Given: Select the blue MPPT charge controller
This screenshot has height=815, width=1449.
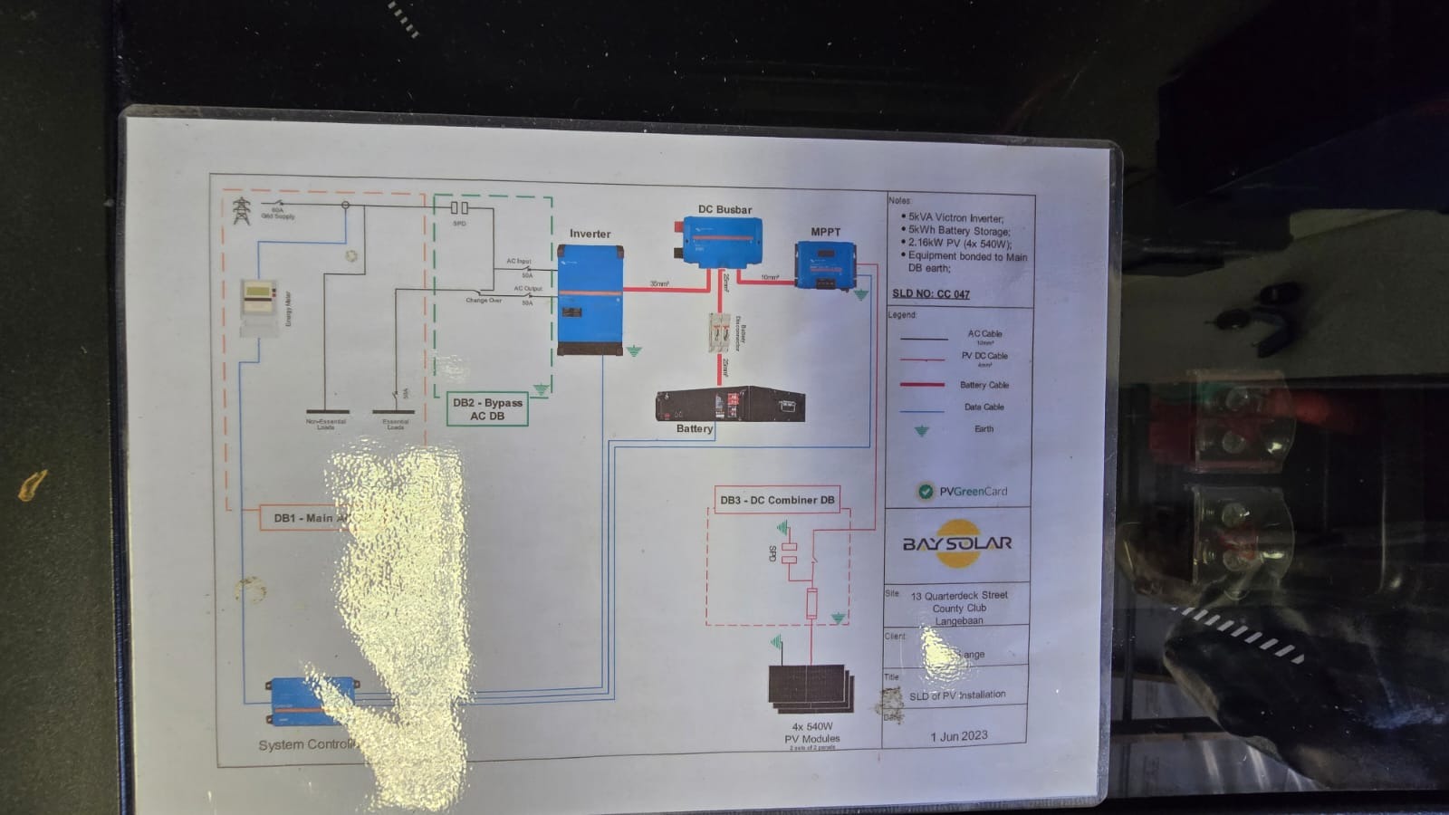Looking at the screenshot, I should tap(825, 265).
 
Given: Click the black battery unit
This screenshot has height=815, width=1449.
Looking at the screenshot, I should tap(730, 404).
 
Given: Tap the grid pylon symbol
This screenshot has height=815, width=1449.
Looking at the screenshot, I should tap(241, 210).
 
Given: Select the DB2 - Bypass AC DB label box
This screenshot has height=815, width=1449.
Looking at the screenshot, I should tap(487, 409).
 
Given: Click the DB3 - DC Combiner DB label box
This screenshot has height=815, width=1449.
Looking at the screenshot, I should tap(777, 500).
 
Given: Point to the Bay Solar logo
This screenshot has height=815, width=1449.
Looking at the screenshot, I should tap(957, 543).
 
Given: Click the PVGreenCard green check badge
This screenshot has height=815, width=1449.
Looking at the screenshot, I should tap(926, 492).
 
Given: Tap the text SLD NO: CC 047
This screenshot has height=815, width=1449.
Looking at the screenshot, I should tap(931, 294).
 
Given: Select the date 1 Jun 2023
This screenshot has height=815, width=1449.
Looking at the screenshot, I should tap(959, 736).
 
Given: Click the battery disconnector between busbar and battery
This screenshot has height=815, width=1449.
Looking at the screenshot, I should tap(720, 333).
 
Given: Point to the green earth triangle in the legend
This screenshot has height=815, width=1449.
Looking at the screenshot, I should tap(922, 431).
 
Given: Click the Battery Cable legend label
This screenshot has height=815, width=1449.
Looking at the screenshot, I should tap(984, 385).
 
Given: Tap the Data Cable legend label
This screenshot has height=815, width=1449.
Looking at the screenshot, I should tap(984, 407).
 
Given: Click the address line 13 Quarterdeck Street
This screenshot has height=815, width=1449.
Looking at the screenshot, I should tap(959, 596).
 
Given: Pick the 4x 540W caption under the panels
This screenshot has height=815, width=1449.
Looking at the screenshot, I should tap(811, 726).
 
